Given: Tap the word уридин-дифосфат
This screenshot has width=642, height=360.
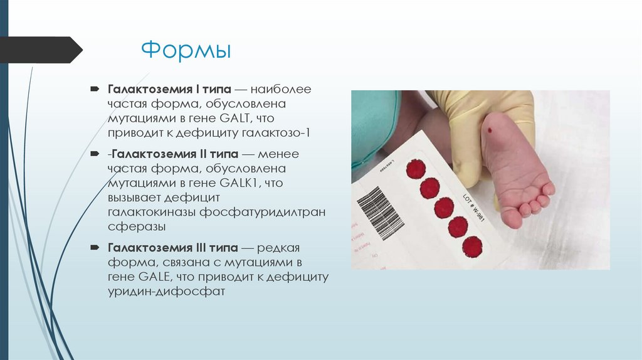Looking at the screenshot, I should pos(166,292).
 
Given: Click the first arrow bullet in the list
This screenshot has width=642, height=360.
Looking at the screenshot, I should pos(95,89).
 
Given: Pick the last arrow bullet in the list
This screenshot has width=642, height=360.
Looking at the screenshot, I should pos(95,246).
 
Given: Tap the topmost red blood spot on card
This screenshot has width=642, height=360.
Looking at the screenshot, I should pos(415,168).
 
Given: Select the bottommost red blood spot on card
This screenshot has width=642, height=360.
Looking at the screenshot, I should pos(471,246).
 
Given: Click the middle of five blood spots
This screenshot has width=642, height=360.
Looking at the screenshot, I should pos(443,207).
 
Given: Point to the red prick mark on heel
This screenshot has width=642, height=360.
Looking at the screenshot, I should pos(489,130).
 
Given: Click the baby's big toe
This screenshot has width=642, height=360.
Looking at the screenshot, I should pos(512,217).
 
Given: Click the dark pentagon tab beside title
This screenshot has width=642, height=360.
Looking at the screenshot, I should pos(41,50).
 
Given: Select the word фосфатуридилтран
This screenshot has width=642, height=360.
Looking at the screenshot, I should pos(263,212).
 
